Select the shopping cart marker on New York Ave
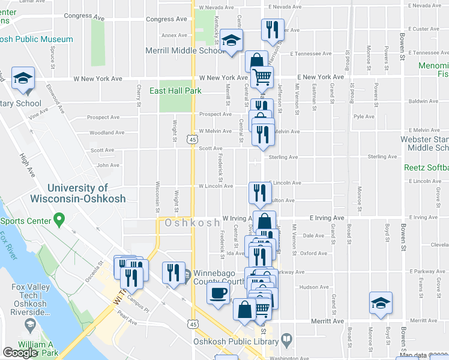(x=262, y=77)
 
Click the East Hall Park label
(x=175, y=91)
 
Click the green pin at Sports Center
(x=59, y=220)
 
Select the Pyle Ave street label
(x=364, y=117)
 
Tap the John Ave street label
(x=108, y=165)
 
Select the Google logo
(x=20, y=353)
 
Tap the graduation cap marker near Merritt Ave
(x=381, y=303)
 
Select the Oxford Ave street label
(x=314, y=253)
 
